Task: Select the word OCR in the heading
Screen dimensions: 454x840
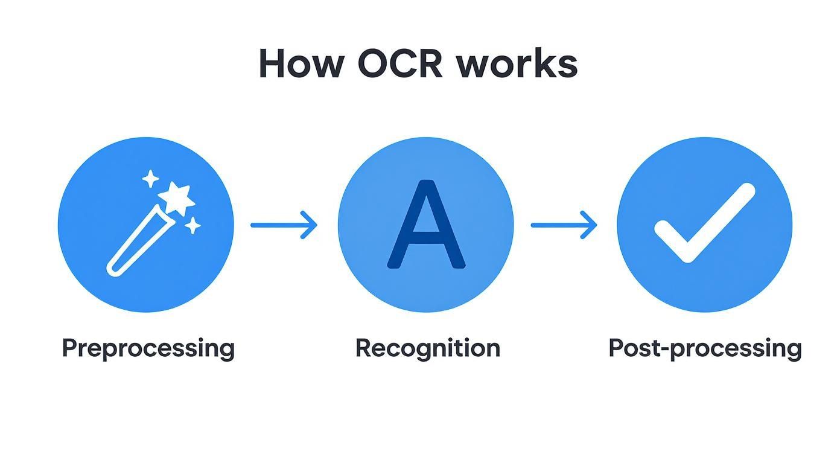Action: click(401, 63)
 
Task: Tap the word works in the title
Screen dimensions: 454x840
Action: click(517, 63)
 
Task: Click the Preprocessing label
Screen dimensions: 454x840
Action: click(148, 349)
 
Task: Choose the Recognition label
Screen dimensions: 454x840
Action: click(427, 348)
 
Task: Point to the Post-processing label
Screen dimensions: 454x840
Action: click(705, 349)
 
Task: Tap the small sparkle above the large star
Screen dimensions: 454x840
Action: click(150, 179)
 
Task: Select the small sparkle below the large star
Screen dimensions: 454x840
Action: click(192, 226)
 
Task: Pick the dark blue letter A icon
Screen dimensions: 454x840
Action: click(426, 225)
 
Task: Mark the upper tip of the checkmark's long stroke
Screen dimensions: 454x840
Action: click(746, 191)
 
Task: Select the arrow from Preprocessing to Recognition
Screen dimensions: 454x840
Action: click(284, 225)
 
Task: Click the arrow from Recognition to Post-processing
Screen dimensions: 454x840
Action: click(564, 225)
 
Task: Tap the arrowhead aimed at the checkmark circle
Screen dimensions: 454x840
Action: click(590, 225)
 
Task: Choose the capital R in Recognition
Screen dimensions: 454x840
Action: click(363, 348)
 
